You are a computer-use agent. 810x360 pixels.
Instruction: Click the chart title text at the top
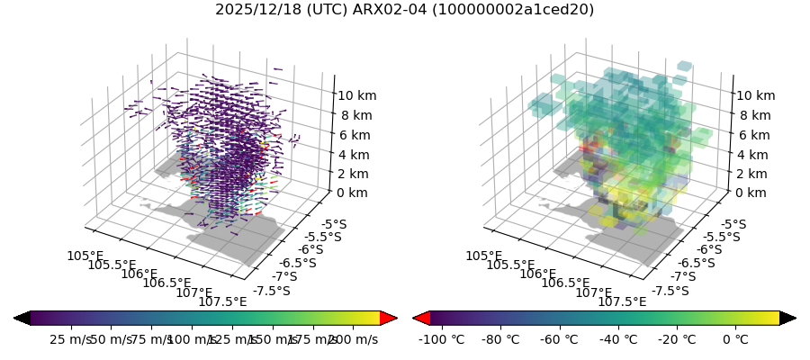(404, 10)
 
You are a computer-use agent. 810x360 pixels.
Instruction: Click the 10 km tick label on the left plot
(356, 95)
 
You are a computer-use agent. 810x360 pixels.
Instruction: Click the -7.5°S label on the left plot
(273, 291)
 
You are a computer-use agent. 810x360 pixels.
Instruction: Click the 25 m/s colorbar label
(68, 339)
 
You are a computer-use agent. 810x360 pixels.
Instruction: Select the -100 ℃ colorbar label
(442, 339)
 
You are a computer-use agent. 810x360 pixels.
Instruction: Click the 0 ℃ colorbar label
(735, 339)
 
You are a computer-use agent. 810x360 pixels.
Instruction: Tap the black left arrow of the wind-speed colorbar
(22, 318)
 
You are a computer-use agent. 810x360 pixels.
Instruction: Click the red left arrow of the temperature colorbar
(420, 318)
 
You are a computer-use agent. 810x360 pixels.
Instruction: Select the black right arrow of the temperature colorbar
(787, 318)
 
